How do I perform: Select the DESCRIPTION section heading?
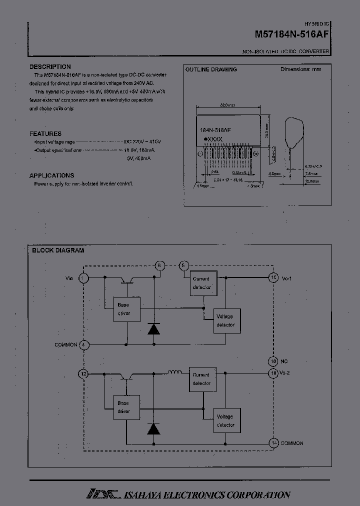(50, 67)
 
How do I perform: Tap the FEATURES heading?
(45, 134)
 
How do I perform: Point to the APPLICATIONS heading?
(52, 175)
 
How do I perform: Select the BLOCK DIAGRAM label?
(58, 250)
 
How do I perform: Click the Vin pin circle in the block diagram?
(84, 277)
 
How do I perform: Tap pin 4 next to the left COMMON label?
(84, 345)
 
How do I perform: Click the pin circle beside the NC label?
(273, 361)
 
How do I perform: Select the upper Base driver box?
(127, 309)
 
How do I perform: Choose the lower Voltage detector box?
(225, 421)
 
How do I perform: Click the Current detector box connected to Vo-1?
(202, 283)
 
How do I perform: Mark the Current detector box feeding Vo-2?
(202, 379)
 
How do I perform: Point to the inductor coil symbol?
(174, 372)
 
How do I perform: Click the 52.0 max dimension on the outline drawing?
(227, 105)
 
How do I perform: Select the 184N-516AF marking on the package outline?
(215, 129)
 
